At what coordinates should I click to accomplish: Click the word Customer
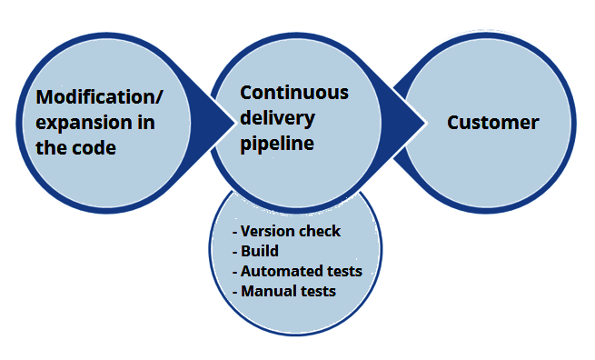point(492,123)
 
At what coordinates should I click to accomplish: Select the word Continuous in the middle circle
point(293,93)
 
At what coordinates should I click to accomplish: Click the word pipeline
point(277,144)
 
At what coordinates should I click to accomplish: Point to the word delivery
point(277,118)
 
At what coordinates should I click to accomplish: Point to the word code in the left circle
point(96,147)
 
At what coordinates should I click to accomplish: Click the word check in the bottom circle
point(320,231)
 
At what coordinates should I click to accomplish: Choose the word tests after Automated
point(342,271)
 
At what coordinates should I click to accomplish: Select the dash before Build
point(235,252)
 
